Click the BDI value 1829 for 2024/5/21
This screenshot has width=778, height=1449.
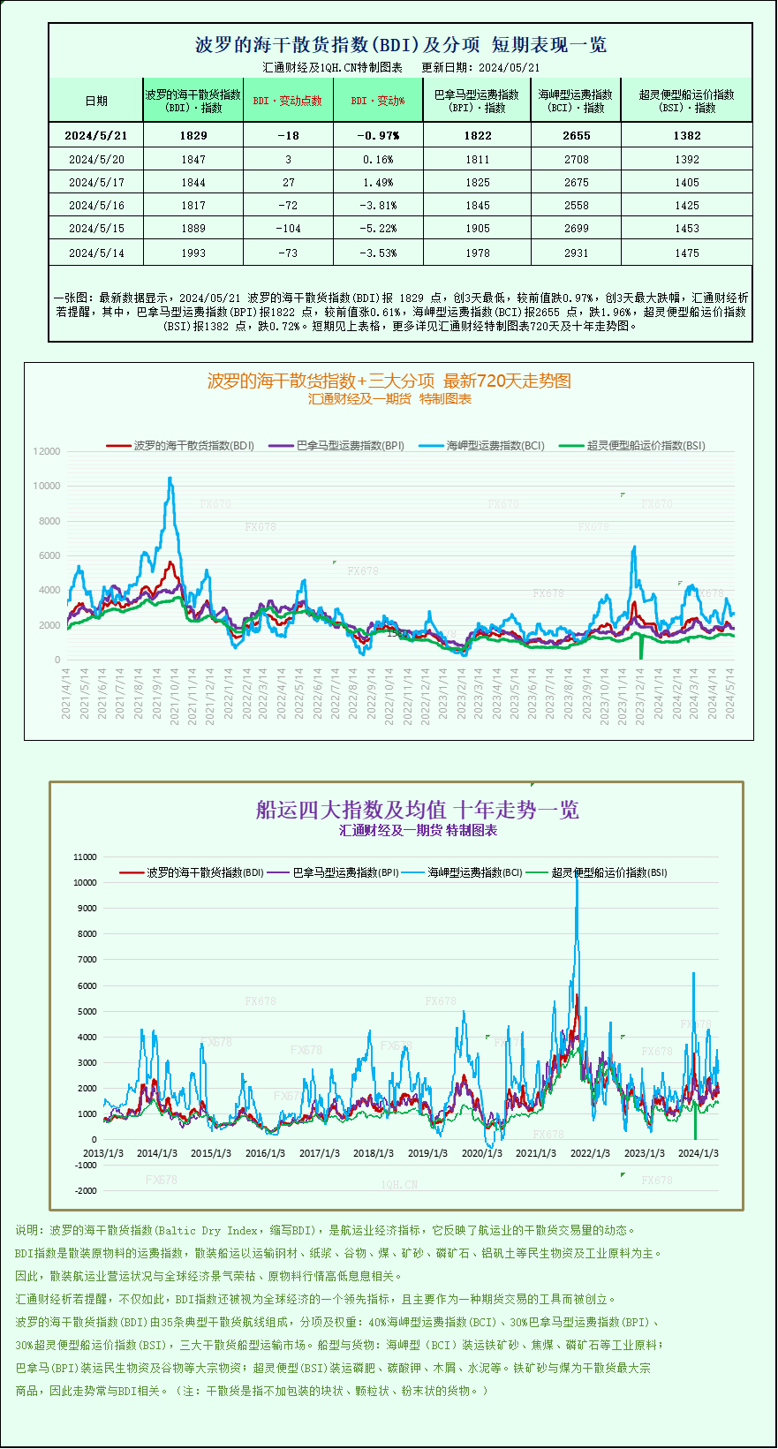[193, 135]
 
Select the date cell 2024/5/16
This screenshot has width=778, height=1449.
[96, 206]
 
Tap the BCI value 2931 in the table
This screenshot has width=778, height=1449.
[576, 253]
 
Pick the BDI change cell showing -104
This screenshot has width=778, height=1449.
[288, 229]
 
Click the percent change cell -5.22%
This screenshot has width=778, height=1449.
[378, 229]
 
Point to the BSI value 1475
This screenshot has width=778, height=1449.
[686, 253]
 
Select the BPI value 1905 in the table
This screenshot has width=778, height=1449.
[477, 229]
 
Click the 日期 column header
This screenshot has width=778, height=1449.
[96, 101]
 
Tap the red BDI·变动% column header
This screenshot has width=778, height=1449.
[378, 101]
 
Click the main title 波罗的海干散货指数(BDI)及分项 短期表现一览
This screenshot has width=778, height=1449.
[400, 45]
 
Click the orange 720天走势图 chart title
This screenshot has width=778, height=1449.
[389, 381]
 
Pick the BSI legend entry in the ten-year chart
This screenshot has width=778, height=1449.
[608, 872]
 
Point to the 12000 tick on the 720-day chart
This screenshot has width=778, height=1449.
[47, 451]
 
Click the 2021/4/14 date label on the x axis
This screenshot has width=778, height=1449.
[66, 694]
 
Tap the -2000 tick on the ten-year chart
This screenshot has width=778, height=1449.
[86, 1191]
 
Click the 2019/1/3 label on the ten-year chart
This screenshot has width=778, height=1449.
[427, 1153]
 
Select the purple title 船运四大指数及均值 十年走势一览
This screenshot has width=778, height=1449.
[417, 810]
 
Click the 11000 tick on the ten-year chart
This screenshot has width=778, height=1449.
[85, 857]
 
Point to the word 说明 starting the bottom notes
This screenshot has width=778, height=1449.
[26, 1230]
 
